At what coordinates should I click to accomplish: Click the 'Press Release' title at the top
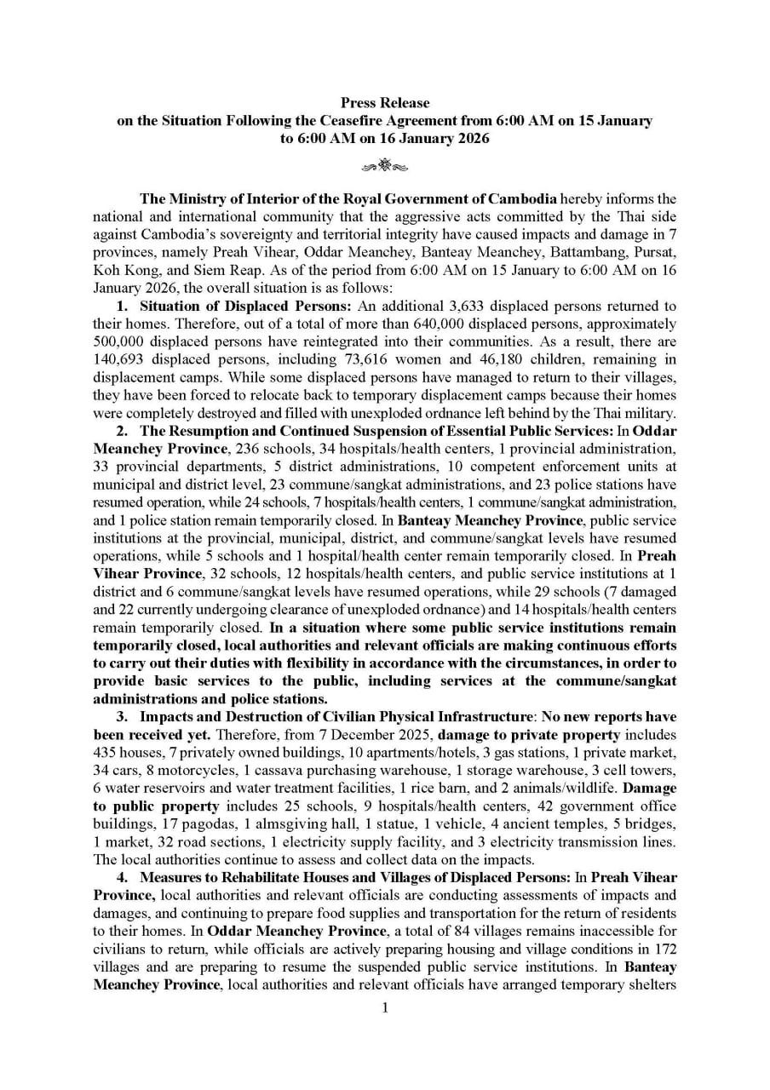[x=385, y=103]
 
